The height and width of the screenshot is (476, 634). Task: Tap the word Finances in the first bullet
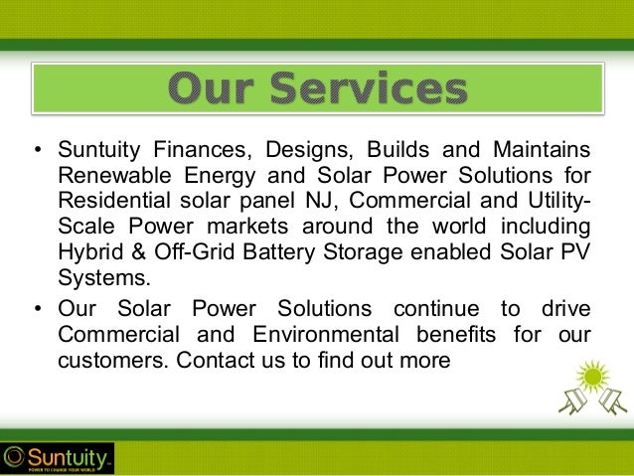[193, 152]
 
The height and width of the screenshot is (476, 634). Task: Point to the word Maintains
[540, 152]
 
